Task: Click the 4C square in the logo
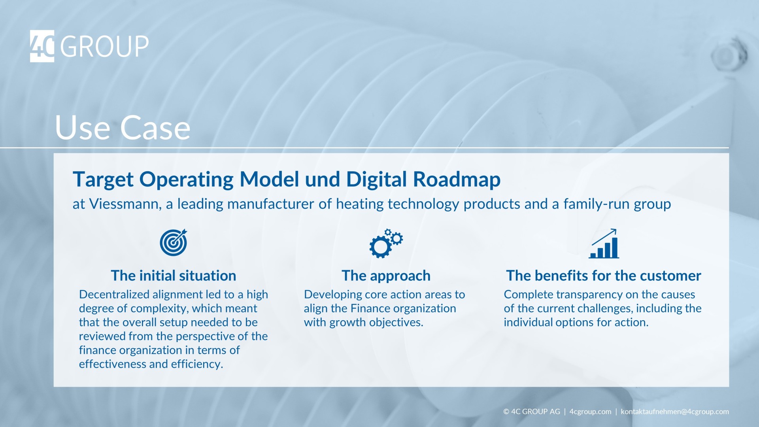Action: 42,46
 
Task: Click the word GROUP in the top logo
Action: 105,47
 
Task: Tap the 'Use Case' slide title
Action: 123,128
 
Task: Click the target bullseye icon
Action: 173,243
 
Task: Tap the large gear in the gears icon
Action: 380,247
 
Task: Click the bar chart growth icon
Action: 604,244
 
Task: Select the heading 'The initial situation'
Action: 173,276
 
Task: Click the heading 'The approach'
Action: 386,276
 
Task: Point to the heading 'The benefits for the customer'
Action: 603,276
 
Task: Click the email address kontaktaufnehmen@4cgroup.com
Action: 674,412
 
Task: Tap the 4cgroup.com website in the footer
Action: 590,412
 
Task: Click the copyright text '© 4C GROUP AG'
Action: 531,412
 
